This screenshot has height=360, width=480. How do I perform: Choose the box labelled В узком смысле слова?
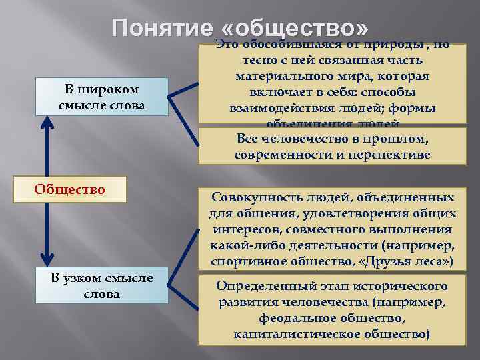pyautogui.click(x=102, y=285)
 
